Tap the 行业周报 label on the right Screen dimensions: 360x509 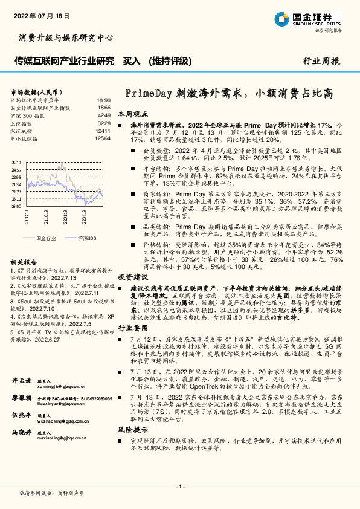[321, 61]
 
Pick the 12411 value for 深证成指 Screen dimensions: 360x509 [103, 131]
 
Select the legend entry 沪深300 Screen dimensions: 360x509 [86, 239]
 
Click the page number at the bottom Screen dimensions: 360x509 [180, 487]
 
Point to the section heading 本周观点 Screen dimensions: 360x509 [132, 113]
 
